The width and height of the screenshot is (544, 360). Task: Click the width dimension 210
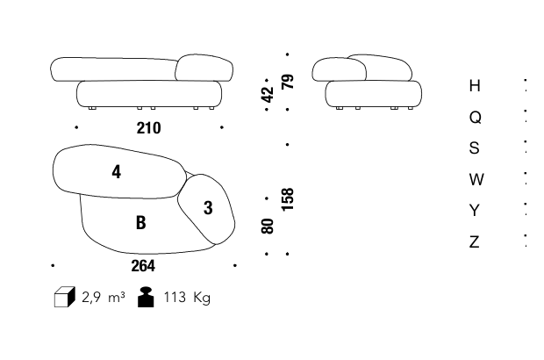(148, 128)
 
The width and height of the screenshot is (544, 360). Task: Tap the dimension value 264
(143, 266)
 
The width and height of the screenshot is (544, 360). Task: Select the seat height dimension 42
(268, 95)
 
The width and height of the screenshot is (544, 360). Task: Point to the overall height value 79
(288, 82)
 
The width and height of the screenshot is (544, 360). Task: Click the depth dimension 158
(288, 199)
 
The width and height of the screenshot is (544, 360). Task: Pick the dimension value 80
(268, 226)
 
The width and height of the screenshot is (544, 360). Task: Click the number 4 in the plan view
(117, 172)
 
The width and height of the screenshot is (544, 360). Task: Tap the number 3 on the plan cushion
(208, 207)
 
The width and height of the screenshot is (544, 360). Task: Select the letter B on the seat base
(140, 222)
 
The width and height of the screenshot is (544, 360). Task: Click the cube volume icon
(65, 297)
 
